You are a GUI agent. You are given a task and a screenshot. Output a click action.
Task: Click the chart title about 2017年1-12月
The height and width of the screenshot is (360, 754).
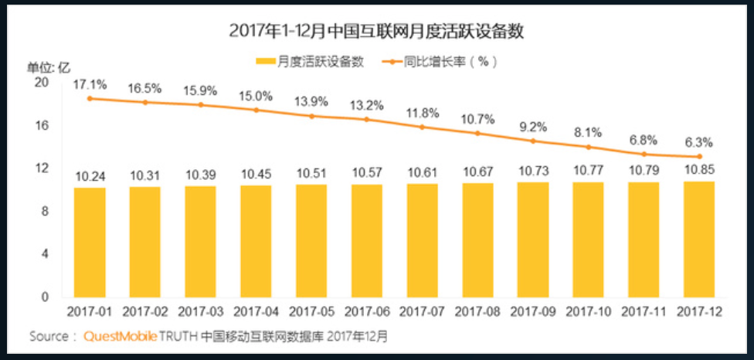[377, 32]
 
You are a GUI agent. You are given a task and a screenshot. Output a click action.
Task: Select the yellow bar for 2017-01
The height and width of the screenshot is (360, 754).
[90, 242]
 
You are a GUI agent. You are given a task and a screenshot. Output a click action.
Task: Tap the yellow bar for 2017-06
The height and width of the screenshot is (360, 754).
[367, 240]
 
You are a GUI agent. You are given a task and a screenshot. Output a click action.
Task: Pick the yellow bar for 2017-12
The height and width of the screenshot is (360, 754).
[699, 239]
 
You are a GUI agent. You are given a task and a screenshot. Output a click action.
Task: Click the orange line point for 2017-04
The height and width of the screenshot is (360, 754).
[256, 110]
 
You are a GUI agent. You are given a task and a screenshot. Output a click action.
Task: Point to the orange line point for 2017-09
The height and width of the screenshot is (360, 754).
[533, 141]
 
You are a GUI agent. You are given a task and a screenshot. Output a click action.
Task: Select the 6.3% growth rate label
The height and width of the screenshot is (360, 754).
[698, 142]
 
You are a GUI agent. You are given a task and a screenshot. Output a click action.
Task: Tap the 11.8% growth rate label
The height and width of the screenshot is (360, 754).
[423, 114]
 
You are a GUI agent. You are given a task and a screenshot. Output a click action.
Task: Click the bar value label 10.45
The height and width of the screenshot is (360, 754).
[256, 174]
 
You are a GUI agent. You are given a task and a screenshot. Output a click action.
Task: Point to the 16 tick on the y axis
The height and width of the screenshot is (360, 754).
[43, 124]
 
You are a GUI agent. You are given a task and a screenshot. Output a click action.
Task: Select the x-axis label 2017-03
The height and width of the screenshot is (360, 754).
[202, 312]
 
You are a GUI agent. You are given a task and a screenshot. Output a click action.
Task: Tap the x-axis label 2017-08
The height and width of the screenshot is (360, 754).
[478, 312]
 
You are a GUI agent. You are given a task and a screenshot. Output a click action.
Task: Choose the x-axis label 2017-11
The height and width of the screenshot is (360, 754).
[644, 312]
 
